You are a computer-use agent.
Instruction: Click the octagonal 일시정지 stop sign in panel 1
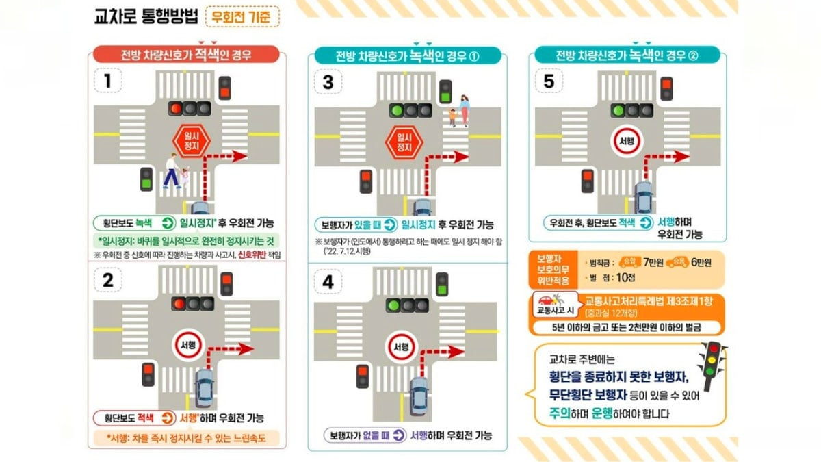point(190,140)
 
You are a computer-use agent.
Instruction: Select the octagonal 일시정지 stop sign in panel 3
point(405,140)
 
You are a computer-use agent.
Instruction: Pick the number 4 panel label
point(328,281)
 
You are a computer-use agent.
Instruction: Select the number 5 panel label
point(550,81)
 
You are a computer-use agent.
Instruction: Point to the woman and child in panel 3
point(460,111)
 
